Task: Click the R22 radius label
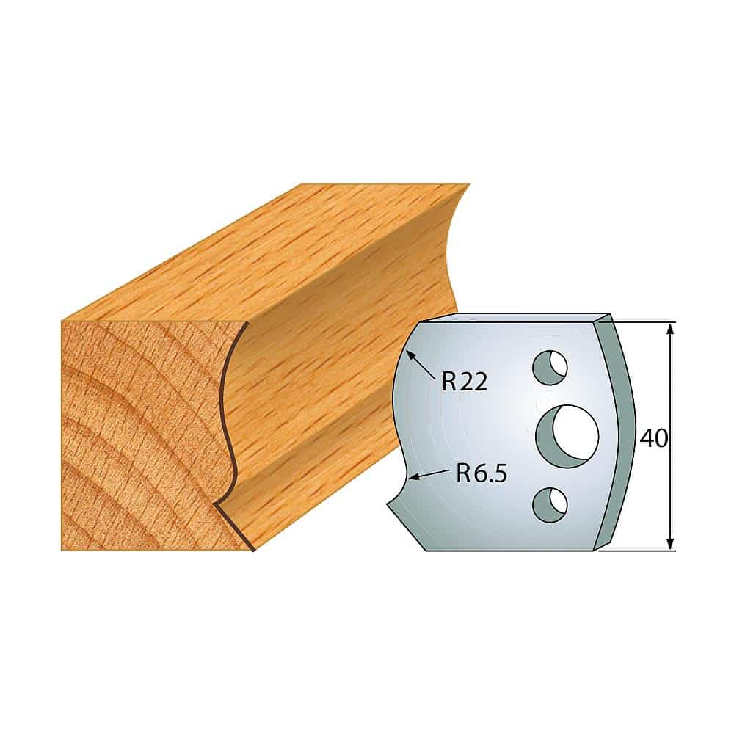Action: point(465,382)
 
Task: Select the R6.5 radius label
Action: point(481,473)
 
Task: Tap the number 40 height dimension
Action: point(653,438)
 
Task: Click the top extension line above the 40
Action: point(646,321)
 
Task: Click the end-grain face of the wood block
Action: point(139,433)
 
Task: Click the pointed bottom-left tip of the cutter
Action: point(388,506)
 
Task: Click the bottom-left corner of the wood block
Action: point(62,549)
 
